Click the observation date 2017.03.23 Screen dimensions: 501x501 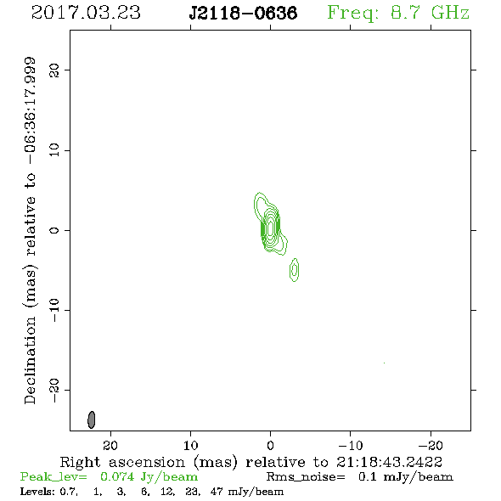(86, 13)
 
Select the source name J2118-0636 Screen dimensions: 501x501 (243, 14)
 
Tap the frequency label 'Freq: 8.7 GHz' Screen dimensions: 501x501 (398, 13)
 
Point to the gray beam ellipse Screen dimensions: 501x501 (92, 419)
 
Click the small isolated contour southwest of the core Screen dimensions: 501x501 (295, 270)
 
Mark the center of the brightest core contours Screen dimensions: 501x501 (271, 228)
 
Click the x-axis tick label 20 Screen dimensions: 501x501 (110, 445)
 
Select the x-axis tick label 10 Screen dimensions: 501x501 (190, 445)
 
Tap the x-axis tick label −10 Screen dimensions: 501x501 (351, 445)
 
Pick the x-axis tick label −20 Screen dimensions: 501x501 (431, 445)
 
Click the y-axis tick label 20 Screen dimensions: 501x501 (54, 70)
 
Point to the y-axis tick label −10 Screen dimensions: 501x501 (54, 310)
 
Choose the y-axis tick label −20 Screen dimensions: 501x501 (54, 390)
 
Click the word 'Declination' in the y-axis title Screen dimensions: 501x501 (30, 360)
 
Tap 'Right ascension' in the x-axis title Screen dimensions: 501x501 (122, 462)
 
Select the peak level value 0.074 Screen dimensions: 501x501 (117, 476)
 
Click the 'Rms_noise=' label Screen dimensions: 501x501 (306, 476)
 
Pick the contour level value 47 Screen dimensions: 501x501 (217, 491)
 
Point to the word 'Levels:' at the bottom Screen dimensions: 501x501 (37, 491)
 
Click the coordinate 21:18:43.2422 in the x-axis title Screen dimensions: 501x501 (389, 462)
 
